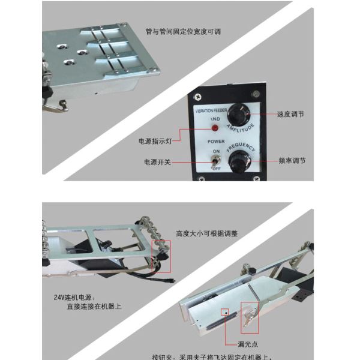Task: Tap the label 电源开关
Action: tap(157, 162)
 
